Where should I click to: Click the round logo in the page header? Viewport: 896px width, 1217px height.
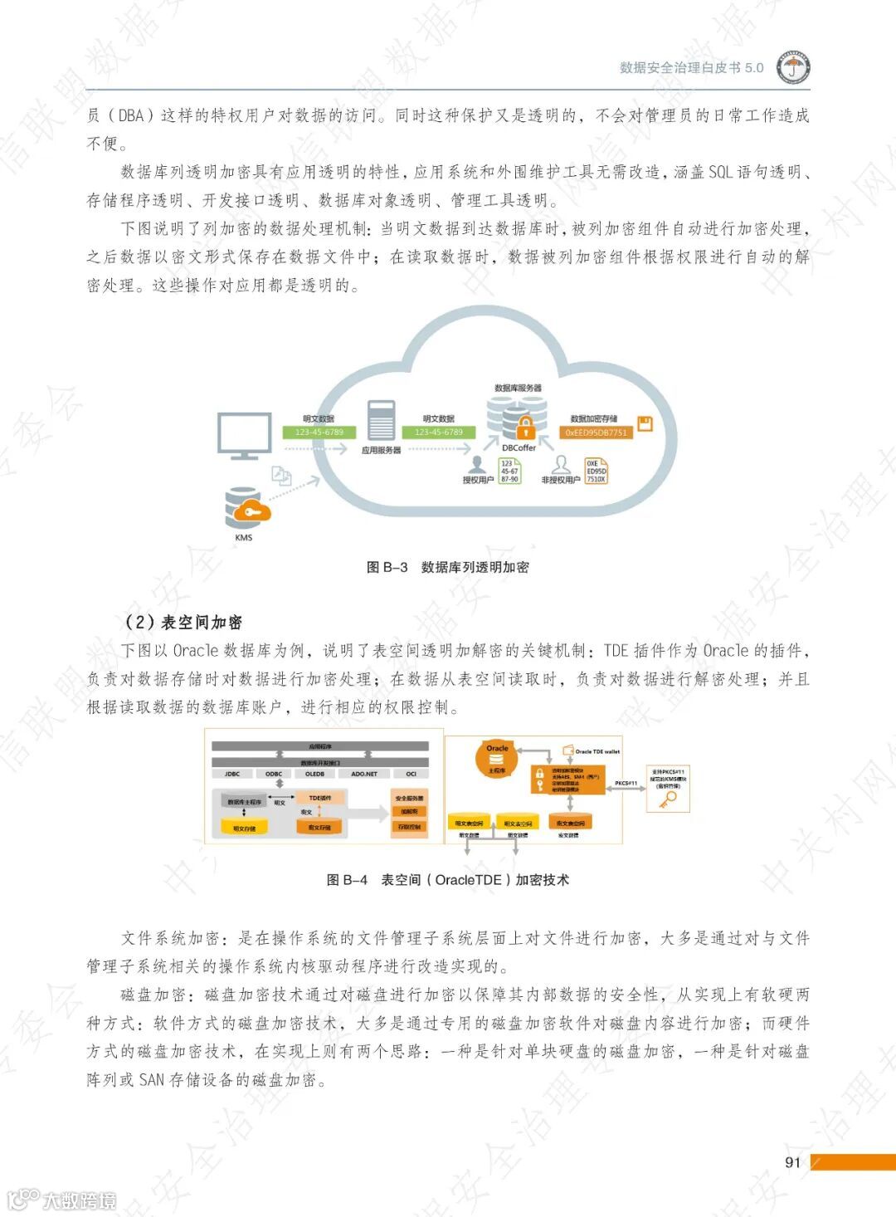click(x=793, y=68)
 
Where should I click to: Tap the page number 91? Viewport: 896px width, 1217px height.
click(x=792, y=1162)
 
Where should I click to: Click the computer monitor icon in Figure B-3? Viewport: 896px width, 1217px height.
click(x=244, y=436)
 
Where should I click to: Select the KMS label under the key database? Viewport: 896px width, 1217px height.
click(x=243, y=537)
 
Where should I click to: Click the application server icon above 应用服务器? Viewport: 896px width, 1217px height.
click(x=381, y=421)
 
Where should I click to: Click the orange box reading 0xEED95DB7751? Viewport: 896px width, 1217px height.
click(x=596, y=433)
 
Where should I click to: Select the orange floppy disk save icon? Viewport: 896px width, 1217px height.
click(x=645, y=423)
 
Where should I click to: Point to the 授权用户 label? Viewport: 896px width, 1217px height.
click(x=478, y=480)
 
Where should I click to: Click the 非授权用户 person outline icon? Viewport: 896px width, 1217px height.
click(x=562, y=463)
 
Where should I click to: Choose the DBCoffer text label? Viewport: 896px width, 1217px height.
click(x=519, y=447)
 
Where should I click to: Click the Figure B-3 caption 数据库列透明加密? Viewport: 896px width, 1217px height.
click(x=475, y=567)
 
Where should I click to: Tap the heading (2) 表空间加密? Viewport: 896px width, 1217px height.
click(x=183, y=623)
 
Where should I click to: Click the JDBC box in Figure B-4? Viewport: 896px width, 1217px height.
click(x=232, y=774)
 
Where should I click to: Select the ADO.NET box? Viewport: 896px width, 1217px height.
click(x=364, y=774)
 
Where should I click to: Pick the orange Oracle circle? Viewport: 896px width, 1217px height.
click(x=497, y=760)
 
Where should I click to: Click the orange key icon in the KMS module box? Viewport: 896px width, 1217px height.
click(x=667, y=799)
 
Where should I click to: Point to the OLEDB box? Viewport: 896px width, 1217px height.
click(x=314, y=774)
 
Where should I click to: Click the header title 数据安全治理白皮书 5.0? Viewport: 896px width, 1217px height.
click(x=691, y=68)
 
